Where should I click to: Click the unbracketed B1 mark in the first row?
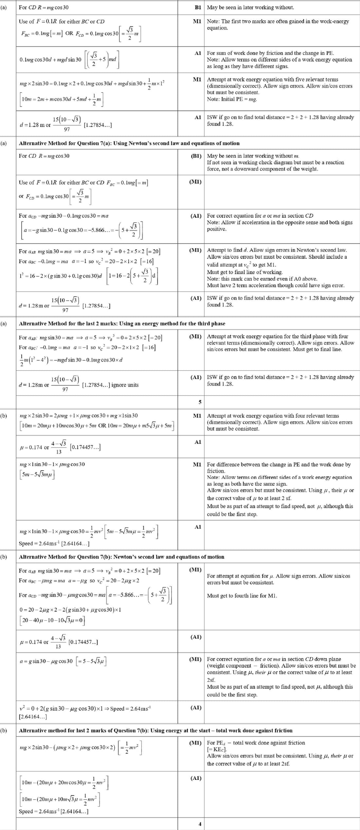point(198,8)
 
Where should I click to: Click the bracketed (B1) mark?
point(196,156)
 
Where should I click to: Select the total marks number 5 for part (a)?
point(200,402)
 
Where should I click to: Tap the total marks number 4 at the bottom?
point(200,824)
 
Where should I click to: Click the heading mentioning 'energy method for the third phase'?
point(122,323)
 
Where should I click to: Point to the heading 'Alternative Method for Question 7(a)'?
point(129,143)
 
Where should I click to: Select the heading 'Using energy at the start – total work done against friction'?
point(155,730)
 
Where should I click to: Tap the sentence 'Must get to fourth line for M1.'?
point(242,596)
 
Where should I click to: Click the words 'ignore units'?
point(125,385)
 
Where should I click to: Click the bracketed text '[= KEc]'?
point(217,749)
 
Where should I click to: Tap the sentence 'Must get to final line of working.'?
point(244,272)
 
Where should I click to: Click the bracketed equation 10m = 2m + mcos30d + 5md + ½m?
point(61,99)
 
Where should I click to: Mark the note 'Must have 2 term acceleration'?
point(276,285)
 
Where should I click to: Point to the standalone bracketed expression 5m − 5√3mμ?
point(37,474)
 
